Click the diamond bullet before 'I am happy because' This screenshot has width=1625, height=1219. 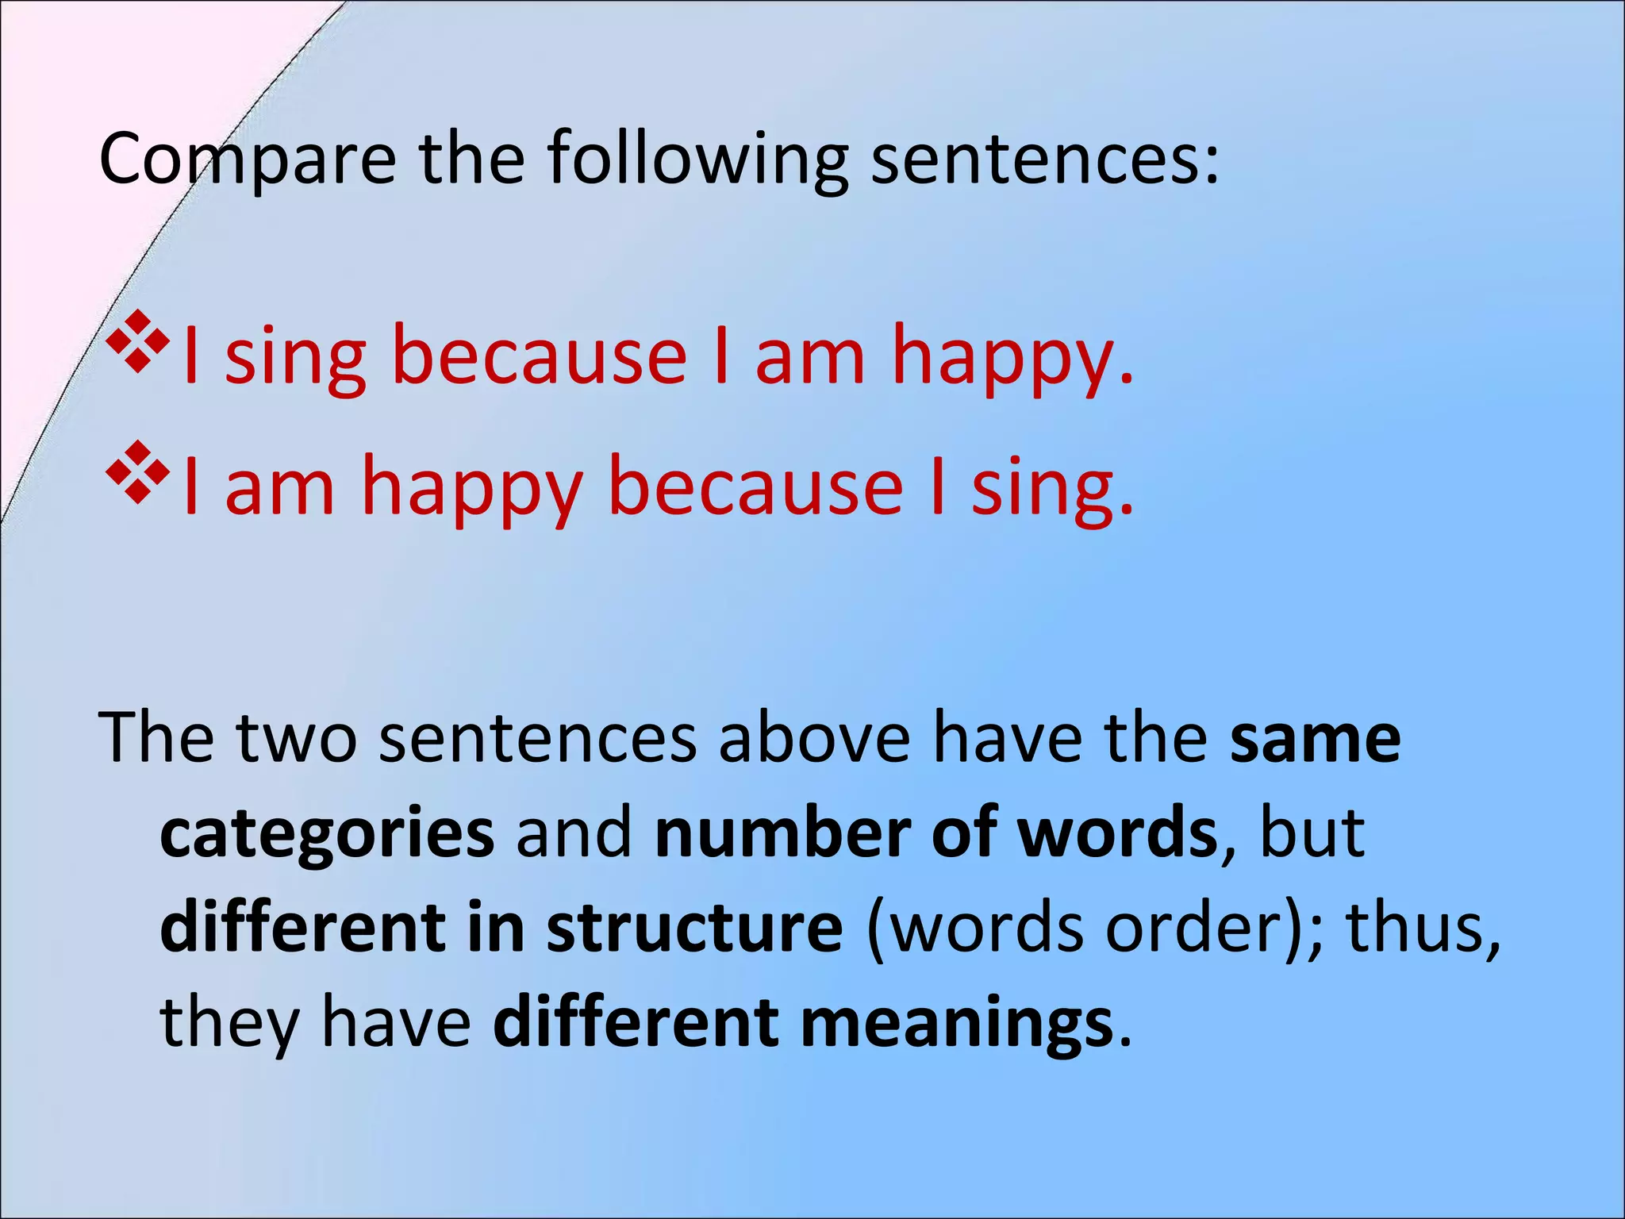137,474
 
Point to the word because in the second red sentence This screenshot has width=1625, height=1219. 755,485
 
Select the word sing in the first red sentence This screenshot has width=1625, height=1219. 295,357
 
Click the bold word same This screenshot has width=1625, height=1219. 1315,739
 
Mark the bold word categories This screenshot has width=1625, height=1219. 327,835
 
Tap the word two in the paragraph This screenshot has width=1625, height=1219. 296,739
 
